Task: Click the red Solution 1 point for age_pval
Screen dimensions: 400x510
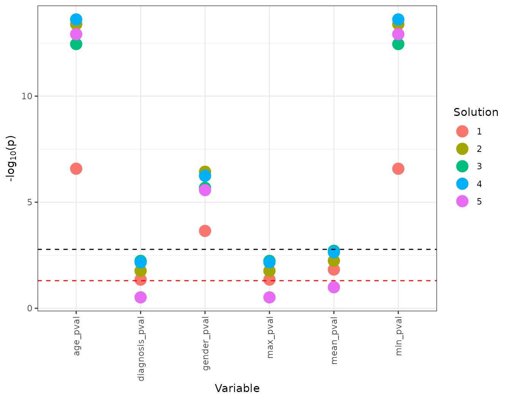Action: click(76, 169)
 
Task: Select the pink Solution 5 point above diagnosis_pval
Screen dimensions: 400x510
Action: click(140, 297)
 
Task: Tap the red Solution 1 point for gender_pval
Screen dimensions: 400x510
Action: click(205, 231)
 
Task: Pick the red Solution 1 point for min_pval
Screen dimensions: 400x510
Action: click(398, 169)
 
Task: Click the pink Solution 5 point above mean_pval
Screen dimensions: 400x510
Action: click(334, 287)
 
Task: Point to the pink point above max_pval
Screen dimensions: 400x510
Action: click(269, 297)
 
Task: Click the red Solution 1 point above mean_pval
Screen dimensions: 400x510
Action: click(334, 270)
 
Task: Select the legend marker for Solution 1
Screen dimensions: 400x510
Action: click(462, 131)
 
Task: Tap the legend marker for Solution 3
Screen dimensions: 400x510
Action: click(462, 166)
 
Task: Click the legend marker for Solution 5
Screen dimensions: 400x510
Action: click(462, 201)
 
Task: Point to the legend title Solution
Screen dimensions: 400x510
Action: click(476, 112)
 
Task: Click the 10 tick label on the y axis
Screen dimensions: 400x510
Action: click(27, 96)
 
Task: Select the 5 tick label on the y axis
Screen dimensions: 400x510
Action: click(30, 202)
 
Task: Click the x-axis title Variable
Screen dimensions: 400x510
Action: click(237, 389)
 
